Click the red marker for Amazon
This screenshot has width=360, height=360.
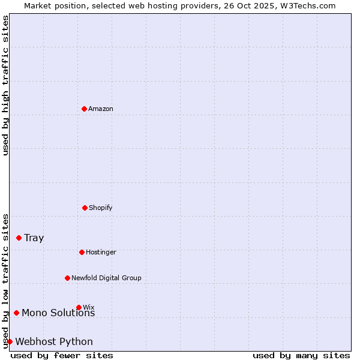[x=85, y=109]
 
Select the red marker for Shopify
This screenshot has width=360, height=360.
[x=85, y=208]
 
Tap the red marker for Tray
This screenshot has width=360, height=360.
[x=19, y=238]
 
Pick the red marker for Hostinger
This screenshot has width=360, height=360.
[x=82, y=252]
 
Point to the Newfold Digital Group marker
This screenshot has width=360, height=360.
[x=68, y=278]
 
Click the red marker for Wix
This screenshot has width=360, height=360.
[x=79, y=307]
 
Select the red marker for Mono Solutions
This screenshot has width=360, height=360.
[x=17, y=313]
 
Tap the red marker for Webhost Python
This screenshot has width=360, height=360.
[x=10, y=341]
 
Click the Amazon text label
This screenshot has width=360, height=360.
[x=101, y=109]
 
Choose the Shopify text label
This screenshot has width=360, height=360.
[x=101, y=208]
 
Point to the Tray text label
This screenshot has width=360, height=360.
[x=34, y=238]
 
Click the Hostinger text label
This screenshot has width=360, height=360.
[x=101, y=252]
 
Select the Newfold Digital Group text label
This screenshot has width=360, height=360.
[x=107, y=278]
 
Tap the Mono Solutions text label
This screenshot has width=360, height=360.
[x=58, y=313]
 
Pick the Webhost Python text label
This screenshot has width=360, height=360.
[x=54, y=341]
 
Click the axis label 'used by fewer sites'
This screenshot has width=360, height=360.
[x=62, y=355]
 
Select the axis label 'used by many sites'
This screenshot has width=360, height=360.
[x=301, y=355]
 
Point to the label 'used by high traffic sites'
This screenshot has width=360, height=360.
[x=5, y=85]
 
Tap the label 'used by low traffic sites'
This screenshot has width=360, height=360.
[x=5, y=281]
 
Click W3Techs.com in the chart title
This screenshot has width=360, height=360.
[x=306, y=5]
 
